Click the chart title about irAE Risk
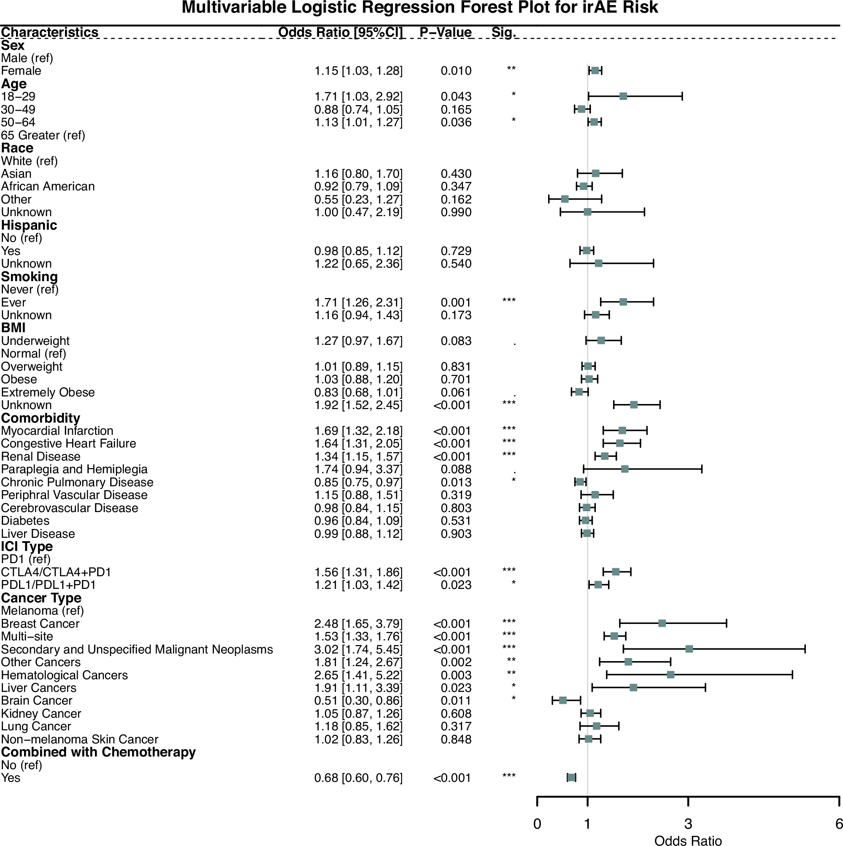[x=419, y=8]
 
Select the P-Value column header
[x=445, y=33]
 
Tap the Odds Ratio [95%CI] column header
[x=340, y=33]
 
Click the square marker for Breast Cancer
[x=662, y=623]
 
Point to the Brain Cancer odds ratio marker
[x=563, y=700]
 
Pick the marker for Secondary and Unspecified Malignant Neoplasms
[x=689, y=649]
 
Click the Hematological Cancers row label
[x=64, y=675]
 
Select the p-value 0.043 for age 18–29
[x=456, y=96]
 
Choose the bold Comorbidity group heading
[x=41, y=418]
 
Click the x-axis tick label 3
[x=688, y=824]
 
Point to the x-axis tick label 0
[x=537, y=824]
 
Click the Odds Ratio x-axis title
[x=688, y=840]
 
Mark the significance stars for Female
[x=511, y=69]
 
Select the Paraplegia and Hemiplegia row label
[x=74, y=469]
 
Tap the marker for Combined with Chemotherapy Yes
[x=571, y=778]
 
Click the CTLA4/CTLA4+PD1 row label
[x=56, y=572]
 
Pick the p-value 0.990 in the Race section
[x=456, y=212]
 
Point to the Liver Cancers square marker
[x=633, y=688]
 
